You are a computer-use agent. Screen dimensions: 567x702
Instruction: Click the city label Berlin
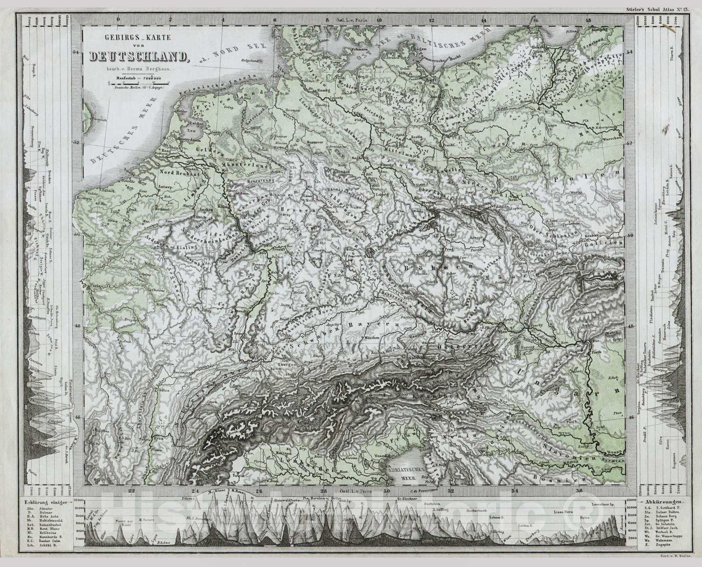417,137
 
